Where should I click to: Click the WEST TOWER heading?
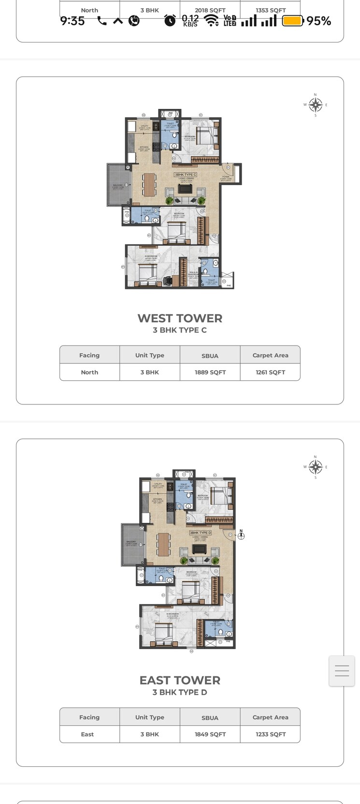pos(180,318)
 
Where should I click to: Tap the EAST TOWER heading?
pos(180,680)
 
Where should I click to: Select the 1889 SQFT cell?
pos(210,373)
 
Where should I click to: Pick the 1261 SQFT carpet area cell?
pos(270,373)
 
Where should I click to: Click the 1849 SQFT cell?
pos(210,734)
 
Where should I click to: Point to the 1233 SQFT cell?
pos(270,734)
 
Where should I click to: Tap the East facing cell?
pos(87,734)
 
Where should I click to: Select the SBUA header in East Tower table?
pos(210,718)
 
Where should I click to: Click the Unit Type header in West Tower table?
pos(150,355)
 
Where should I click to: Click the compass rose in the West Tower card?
pos(316,105)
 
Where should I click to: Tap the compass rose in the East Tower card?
pos(316,467)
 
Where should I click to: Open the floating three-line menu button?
pos(342,671)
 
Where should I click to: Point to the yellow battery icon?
pos(292,21)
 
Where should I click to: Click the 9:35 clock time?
pos(72,21)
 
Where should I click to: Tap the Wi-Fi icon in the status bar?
pos(211,20)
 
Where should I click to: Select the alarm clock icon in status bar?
pos(170,20)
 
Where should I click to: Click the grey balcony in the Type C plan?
pos(118,185)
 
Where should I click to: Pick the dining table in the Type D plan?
pos(164,544)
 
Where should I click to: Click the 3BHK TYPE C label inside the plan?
pos(186,174)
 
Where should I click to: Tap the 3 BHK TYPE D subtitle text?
pos(180,692)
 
